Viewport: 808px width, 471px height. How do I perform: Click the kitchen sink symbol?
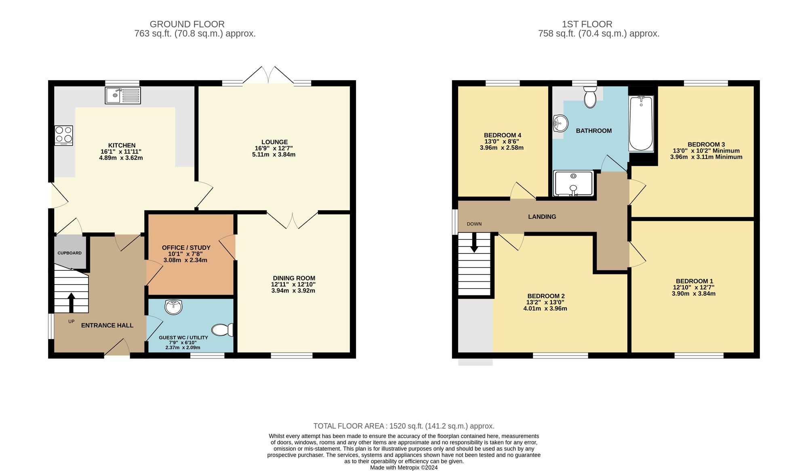click(123, 96)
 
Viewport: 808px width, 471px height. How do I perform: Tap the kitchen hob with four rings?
click(64, 135)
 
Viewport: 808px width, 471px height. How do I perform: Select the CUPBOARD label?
click(69, 253)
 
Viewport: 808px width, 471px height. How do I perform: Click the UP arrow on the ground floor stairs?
click(72, 302)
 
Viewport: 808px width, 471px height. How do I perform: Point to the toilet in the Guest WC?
click(222, 330)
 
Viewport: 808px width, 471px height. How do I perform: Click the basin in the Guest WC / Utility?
click(174, 307)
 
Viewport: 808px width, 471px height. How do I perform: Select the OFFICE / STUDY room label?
click(186, 247)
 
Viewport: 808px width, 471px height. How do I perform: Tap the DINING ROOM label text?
click(294, 278)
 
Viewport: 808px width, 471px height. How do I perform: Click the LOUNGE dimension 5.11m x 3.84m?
click(274, 155)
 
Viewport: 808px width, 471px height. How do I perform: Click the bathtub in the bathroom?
click(641, 123)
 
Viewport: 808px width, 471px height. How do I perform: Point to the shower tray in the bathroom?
click(573, 183)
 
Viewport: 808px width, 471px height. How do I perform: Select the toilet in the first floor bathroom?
click(590, 97)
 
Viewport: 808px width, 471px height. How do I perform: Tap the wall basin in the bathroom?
click(560, 123)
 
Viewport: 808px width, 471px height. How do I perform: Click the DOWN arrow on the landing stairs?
click(474, 243)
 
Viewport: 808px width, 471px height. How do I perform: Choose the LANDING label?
click(542, 217)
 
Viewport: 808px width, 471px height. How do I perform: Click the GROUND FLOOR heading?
click(187, 24)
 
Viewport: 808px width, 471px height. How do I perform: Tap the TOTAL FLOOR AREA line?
click(404, 426)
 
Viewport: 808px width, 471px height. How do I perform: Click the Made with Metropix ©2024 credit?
click(404, 467)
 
